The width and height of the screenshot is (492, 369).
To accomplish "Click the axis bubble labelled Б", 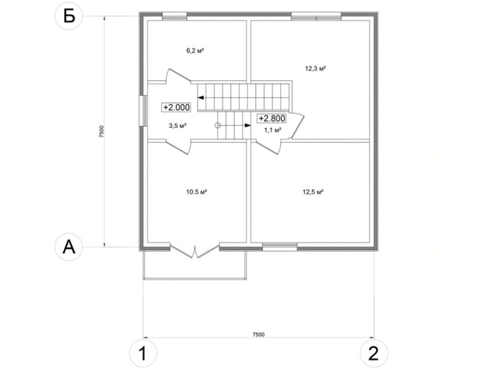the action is point(69,16).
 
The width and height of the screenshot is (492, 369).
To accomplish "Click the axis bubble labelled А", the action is point(69,247).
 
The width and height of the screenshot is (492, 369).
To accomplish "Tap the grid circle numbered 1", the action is point(143,354).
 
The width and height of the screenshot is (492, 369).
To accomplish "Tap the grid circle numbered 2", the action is point(374,354).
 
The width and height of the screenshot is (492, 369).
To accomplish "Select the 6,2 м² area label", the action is point(196,50).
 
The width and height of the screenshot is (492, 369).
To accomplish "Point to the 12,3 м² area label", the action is point(315,68).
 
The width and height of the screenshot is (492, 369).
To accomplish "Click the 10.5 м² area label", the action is point(196,192).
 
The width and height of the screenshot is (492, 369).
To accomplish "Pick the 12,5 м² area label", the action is point(313,192).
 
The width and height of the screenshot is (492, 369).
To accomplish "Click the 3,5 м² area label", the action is point(178,126).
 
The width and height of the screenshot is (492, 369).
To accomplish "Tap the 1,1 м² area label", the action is point(272,130).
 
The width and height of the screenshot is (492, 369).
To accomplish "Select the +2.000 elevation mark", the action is point(177,107).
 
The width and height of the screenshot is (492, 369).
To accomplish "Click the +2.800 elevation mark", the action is point(272,118).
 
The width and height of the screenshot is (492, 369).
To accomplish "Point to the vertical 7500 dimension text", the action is point(101,132).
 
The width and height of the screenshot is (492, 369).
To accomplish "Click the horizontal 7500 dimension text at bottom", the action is point(258,335).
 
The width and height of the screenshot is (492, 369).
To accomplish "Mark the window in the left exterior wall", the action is point(143,111).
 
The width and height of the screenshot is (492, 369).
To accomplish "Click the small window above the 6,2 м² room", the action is point(175,17).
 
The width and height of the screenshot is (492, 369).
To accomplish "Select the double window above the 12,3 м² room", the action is point(316,17).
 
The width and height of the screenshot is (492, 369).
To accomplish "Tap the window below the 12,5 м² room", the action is point(280,247).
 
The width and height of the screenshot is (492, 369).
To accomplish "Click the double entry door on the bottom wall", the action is point(195,250).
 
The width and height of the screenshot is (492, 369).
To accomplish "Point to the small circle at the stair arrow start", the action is point(218,125).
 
